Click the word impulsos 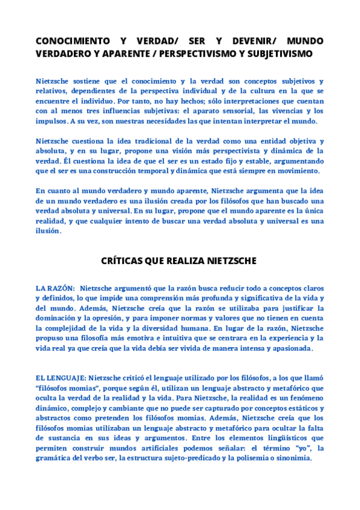coord(51,121)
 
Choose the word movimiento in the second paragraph coord(296,171)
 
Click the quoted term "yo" coord(297,447)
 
